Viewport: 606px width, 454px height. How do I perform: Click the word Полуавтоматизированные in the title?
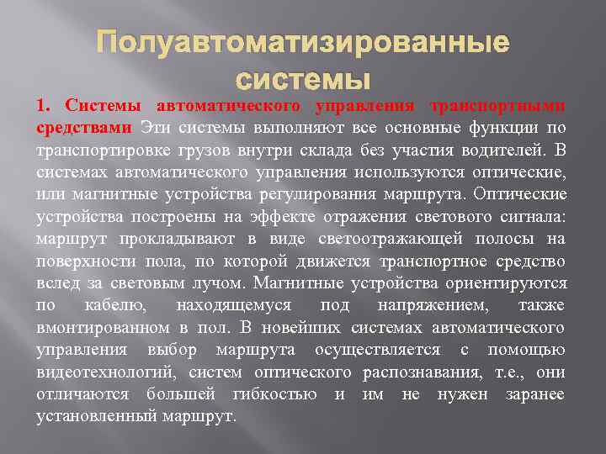click(x=302, y=43)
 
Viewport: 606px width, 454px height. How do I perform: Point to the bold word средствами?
click(x=83, y=128)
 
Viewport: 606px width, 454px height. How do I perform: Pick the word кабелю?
click(x=117, y=304)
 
